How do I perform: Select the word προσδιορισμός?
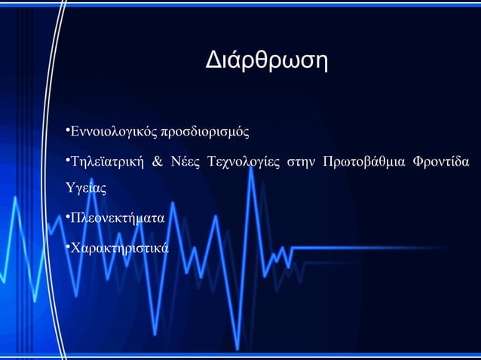pyautogui.click(x=204, y=134)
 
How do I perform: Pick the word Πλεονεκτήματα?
pyautogui.click(x=116, y=219)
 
